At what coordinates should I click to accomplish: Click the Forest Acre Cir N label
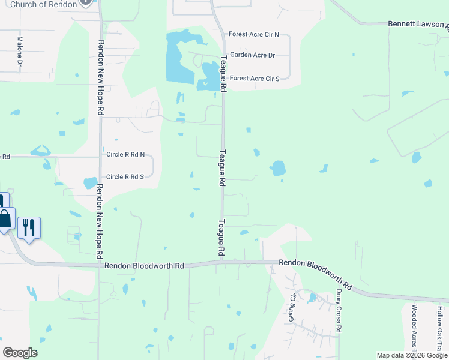[x=255, y=34]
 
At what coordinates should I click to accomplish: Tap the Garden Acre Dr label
[x=252, y=55]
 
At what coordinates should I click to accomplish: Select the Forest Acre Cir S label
[x=255, y=78]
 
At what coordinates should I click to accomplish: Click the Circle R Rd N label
[x=125, y=154]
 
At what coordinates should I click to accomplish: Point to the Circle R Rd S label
[x=125, y=176]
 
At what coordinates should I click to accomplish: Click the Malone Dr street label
[x=20, y=51]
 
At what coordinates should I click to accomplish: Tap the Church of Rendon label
[x=44, y=4]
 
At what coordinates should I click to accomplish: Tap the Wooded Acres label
[x=414, y=327]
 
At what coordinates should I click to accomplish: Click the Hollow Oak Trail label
[x=439, y=327]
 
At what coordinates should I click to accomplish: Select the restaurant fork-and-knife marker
[x=29, y=227]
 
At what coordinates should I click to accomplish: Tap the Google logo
[x=20, y=353]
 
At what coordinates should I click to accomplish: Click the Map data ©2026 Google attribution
[x=412, y=355]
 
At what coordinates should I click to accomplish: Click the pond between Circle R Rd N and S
[x=91, y=182]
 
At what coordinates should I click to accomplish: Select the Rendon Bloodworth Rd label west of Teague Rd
[x=144, y=265]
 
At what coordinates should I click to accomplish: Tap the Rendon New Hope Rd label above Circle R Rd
[x=101, y=78]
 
